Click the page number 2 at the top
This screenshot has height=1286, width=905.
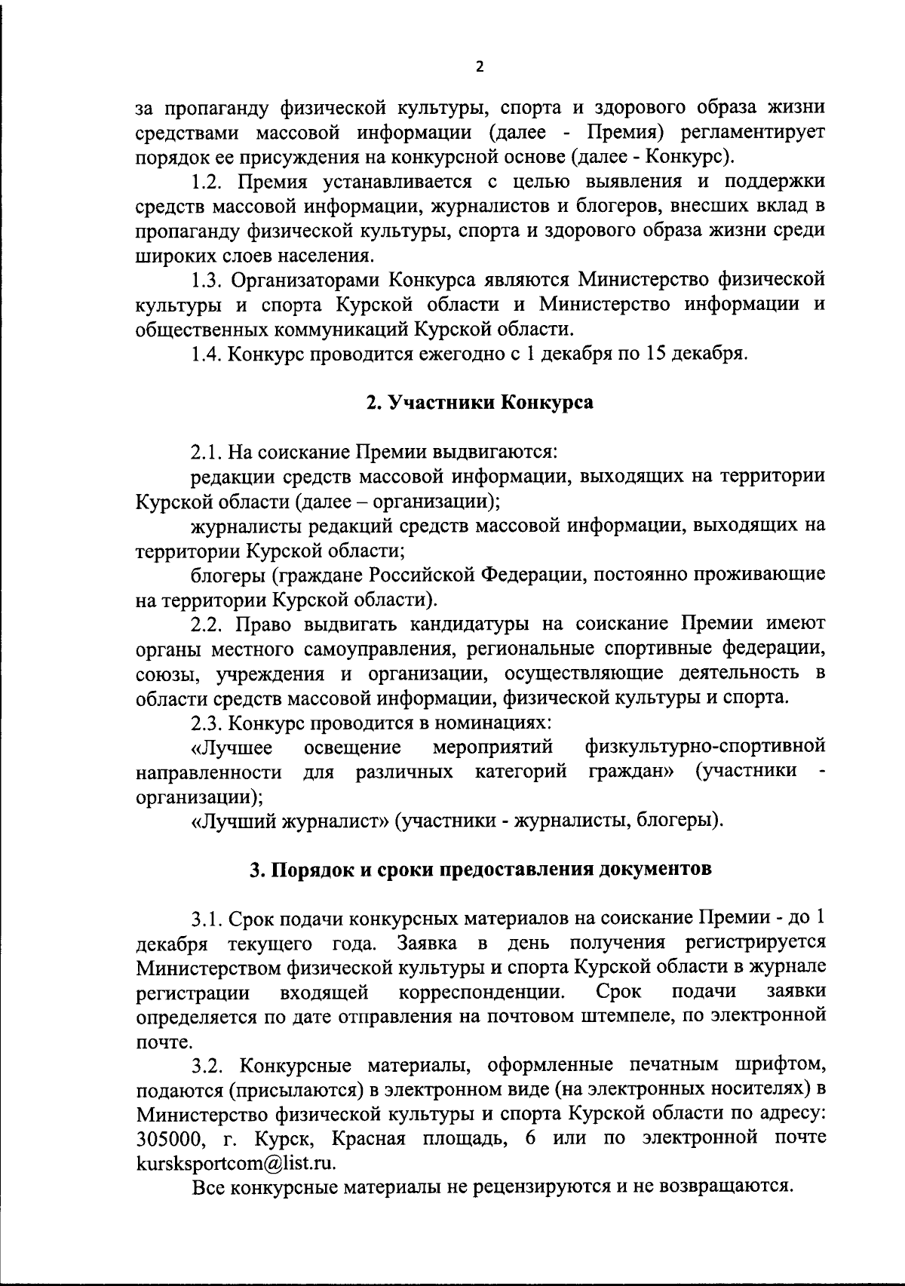click(480, 66)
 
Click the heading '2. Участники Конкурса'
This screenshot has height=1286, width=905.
click(480, 402)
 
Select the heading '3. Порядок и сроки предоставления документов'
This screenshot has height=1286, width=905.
click(480, 869)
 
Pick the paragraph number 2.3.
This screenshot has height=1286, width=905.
click(207, 723)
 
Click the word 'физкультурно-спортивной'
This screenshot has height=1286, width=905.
click(705, 747)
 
